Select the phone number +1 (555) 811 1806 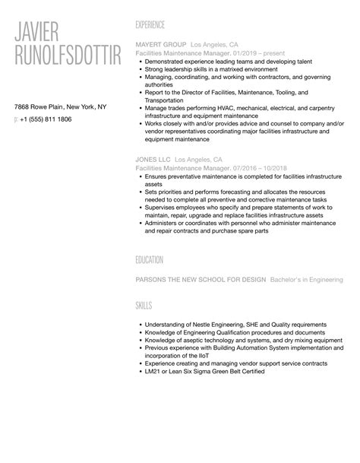(x=46, y=119)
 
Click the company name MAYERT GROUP (x=159, y=45)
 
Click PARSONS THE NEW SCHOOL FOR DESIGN (x=200, y=280)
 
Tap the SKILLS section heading (x=144, y=306)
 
